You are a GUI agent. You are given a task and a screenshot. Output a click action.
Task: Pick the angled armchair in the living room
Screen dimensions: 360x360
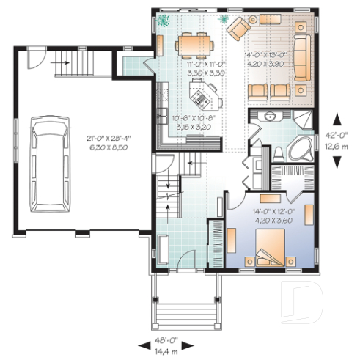[238, 30]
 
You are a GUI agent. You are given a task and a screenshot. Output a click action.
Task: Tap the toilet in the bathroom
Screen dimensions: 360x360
[279, 153]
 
